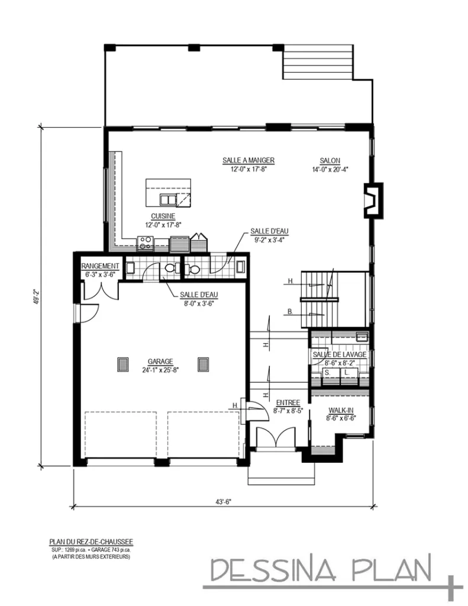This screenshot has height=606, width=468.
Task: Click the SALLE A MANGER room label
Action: pos(248,160)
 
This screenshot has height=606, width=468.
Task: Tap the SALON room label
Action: pos(330,160)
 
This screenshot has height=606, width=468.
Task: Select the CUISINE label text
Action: pos(163,217)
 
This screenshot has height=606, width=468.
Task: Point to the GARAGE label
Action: pos(160,361)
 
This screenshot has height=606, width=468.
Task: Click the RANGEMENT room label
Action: pos(100,266)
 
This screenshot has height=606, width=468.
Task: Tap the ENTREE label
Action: pos(288,402)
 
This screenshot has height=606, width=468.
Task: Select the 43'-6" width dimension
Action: pos(222,502)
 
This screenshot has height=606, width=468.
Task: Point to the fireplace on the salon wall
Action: pos(373,200)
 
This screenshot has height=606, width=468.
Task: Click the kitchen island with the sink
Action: pos(169,192)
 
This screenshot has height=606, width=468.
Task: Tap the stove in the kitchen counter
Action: pos(146,242)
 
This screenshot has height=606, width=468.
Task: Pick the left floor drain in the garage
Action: pos(124,364)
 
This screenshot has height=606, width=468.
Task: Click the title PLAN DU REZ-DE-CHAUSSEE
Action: pos(91,541)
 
